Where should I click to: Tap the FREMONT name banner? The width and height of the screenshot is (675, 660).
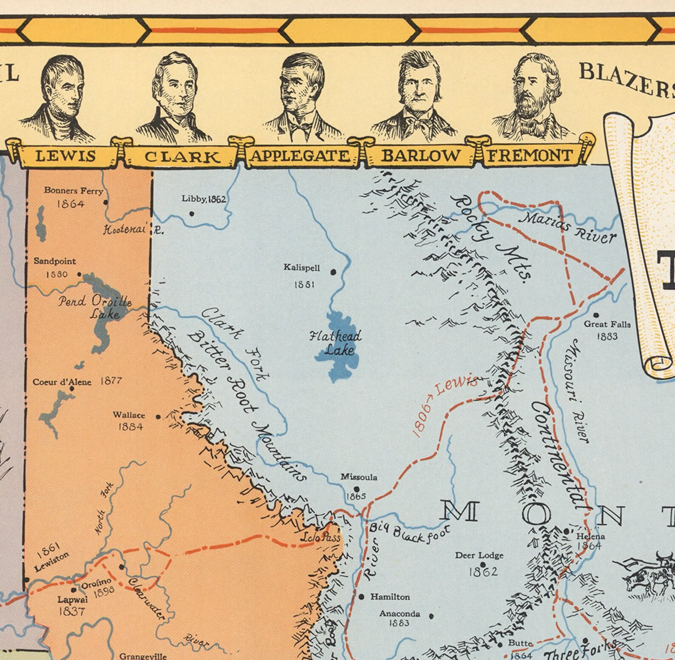(530, 156)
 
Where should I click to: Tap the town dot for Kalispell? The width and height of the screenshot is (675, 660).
(333, 272)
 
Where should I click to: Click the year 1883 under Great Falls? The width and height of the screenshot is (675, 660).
(607, 337)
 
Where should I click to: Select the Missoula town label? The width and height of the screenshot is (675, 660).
(359, 477)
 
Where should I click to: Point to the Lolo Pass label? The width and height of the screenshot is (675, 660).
(326, 538)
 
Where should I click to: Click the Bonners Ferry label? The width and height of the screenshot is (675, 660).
(74, 191)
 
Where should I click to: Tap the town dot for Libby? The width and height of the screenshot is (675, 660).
(192, 214)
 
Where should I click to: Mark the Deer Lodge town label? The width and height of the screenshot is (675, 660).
(479, 555)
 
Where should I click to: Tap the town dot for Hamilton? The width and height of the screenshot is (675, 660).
(362, 597)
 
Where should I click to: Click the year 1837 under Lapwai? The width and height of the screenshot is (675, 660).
(72, 612)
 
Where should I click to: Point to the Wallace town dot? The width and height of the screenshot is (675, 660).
(159, 417)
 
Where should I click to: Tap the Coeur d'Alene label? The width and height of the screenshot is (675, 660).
(62, 382)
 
